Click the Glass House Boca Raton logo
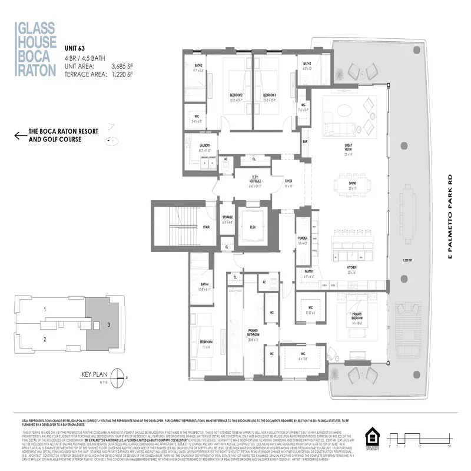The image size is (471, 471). click(x=36, y=48)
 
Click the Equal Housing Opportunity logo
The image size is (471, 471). click(x=372, y=439)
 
